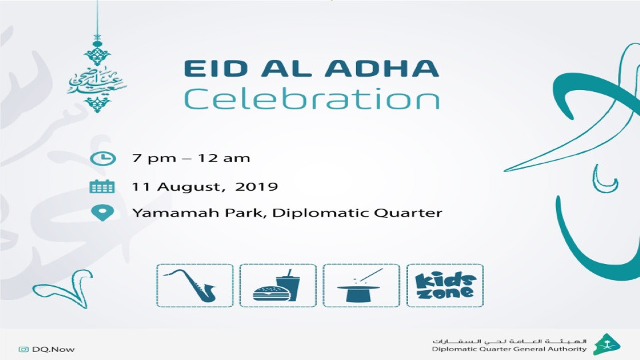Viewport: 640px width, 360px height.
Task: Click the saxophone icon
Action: pyautogui.click(x=195, y=285)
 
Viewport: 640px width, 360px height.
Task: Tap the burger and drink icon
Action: pyautogui.click(x=278, y=285)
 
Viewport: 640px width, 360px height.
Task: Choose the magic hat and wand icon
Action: pyautogui.click(x=361, y=285)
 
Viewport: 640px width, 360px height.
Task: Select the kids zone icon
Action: pyautogui.click(x=445, y=285)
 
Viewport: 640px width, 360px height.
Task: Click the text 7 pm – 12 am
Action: pyautogui.click(x=191, y=159)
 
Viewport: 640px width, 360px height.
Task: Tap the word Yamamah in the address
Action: pyautogui.click(x=163, y=214)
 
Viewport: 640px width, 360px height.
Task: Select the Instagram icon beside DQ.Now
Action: pyautogui.click(x=23, y=349)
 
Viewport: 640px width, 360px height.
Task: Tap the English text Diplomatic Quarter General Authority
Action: pyautogui.click(x=509, y=349)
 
